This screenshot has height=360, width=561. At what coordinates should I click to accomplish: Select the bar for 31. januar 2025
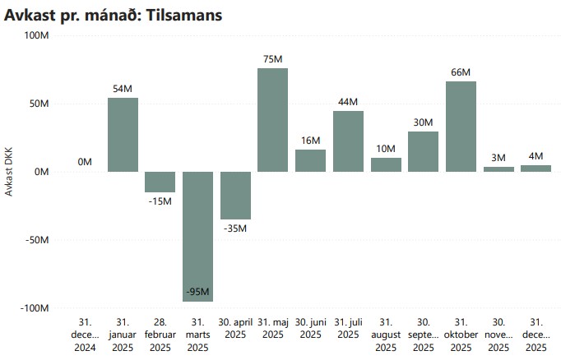[123, 134]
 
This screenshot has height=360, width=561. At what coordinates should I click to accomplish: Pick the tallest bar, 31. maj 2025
[272, 119]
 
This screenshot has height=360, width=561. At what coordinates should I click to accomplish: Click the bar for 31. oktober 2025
[461, 126]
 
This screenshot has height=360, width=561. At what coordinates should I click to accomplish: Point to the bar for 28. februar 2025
[160, 182]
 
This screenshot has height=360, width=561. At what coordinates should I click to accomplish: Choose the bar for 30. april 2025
[235, 195]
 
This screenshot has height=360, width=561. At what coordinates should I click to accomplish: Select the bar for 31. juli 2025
[348, 141]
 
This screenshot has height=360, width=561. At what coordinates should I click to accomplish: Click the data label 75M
[272, 59]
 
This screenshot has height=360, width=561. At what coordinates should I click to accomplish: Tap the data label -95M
[197, 292]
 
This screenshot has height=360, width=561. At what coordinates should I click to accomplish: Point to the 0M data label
[85, 162]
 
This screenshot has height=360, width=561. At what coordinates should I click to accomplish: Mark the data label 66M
[461, 72]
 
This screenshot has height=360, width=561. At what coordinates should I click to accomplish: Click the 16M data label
[310, 141]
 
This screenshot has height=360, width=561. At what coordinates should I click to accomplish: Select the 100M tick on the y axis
[36, 35]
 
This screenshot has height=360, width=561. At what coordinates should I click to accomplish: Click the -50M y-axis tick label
[36, 240]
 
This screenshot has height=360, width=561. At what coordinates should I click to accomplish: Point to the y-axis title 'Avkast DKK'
[10, 172]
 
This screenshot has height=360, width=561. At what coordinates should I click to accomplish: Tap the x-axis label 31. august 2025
[386, 335]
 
